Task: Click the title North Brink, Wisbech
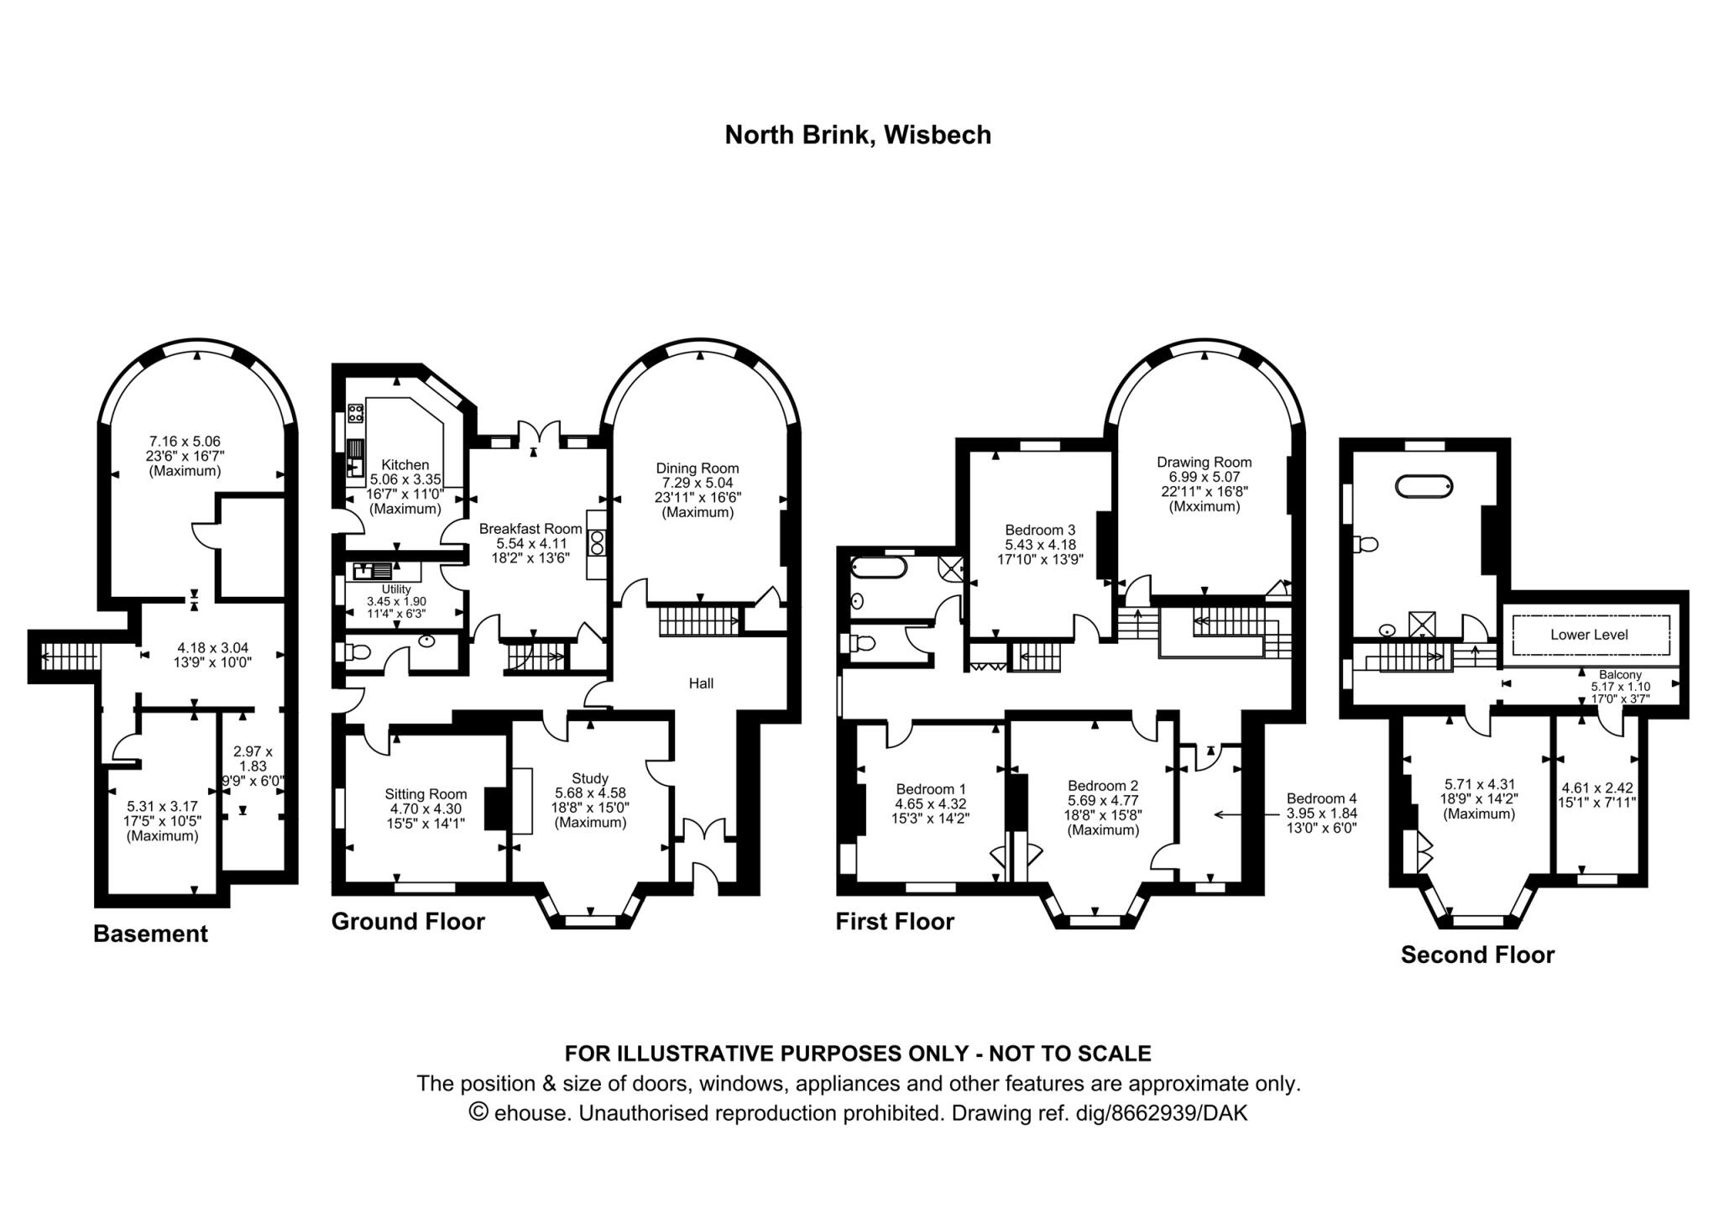coord(858,135)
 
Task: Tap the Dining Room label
coord(698,468)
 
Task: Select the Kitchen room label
coord(405,465)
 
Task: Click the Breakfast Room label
coord(530,529)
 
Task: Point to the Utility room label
coord(396,590)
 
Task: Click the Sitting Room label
coord(426,794)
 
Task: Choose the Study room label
coord(589,778)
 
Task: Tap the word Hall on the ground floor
coord(701,683)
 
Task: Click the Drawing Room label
coord(1204,463)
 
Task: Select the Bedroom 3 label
coord(1040,530)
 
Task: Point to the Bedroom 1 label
coord(931,789)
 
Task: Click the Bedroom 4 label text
coord(1321,798)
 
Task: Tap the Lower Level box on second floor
coord(1589,635)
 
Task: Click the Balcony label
coord(1620,675)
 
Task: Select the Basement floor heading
coord(150,934)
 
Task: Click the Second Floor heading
coord(1477,955)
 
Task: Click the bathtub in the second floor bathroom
coord(1424,486)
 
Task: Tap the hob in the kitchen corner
coord(356,412)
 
